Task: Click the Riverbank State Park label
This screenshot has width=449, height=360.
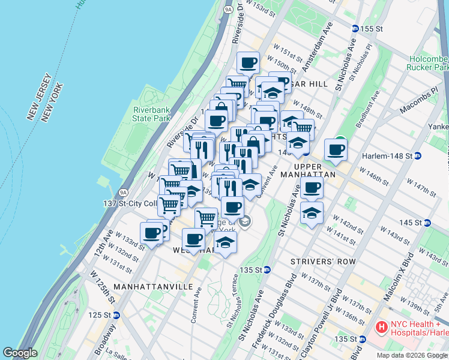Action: click(x=152, y=114)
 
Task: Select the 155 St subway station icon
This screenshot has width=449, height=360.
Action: click(x=355, y=28)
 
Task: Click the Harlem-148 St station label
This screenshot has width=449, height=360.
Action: click(x=387, y=156)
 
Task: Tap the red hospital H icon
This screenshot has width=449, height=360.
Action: click(x=381, y=328)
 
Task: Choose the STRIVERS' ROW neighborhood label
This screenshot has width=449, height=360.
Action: click(x=323, y=262)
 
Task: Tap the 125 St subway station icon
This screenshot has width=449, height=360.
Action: click(x=117, y=314)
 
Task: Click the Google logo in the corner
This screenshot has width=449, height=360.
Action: click(x=20, y=353)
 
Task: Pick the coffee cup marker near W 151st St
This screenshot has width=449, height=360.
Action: click(x=247, y=63)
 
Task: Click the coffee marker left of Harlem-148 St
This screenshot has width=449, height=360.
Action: click(x=336, y=149)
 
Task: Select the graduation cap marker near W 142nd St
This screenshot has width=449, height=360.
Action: click(x=312, y=213)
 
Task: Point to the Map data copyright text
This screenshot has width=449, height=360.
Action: click(x=412, y=355)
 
